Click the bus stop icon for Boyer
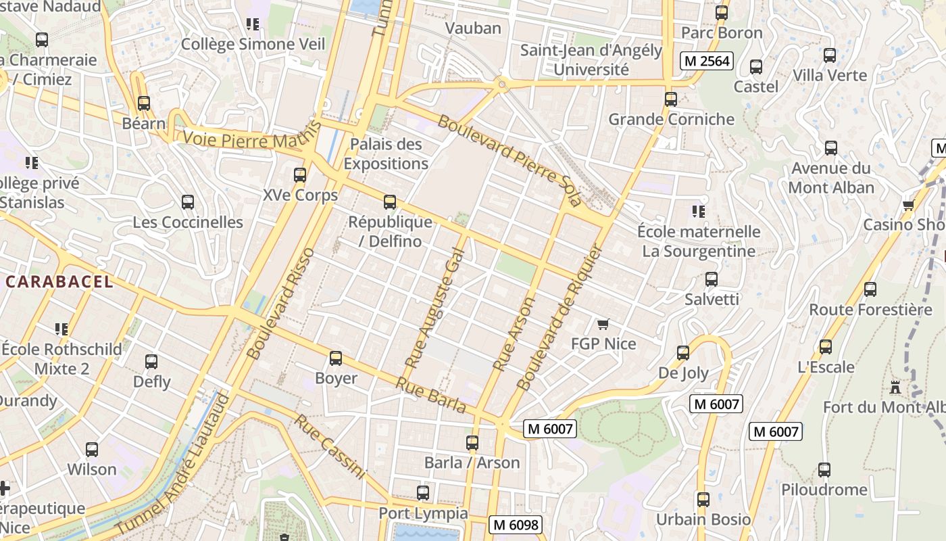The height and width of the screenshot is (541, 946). (336, 358)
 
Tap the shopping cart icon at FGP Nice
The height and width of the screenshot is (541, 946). (603, 325)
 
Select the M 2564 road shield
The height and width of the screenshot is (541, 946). (707, 61)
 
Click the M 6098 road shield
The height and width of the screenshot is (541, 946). (516, 524)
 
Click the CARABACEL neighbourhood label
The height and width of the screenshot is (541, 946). (59, 282)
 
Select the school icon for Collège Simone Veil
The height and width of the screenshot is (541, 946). (253, 25)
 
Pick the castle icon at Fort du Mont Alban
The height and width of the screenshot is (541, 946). (896, 387)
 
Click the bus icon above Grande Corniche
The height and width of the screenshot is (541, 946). (671, 99)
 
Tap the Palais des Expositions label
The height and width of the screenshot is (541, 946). (386, 154)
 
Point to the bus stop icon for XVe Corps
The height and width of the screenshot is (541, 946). (300, 175)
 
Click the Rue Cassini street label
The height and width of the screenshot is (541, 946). (330, 447)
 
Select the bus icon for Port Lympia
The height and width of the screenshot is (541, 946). (423, 493)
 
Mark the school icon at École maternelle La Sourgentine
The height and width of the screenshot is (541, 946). (699, 212)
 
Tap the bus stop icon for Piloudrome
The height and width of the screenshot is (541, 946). (824, 470)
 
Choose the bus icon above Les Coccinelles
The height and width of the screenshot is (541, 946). (188, 202)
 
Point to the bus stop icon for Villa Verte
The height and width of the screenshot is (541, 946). (830, 55)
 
